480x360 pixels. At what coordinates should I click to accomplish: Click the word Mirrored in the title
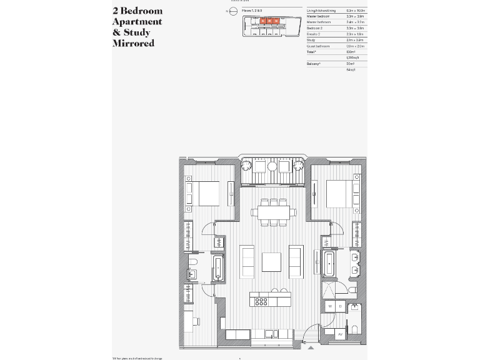(x=133, y=44)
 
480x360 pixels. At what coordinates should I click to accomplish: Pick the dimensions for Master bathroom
(x=355, y=22)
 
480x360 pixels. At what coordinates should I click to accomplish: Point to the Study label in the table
(x=311, y=40)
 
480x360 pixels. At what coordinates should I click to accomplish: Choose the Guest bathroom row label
(x=317, y=46)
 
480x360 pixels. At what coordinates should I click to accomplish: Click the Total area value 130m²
(x=350, y=52)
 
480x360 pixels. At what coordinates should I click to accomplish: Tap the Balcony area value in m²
(x=350, y=64)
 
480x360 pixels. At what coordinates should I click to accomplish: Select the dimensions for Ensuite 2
(x=355, y=34)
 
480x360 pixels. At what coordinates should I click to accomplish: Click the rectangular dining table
(x=274, y=213)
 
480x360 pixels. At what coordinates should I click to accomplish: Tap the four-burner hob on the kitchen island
(x=261, y=301)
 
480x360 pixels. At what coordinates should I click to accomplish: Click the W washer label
(x=330, y=306)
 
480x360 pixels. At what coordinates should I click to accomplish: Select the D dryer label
(x=339, y=306)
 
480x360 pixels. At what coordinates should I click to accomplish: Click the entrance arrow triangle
(x=311, y=347)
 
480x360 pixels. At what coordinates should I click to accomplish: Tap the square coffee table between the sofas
(x=272, y=261)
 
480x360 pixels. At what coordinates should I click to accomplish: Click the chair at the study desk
(x=196, y=321)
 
